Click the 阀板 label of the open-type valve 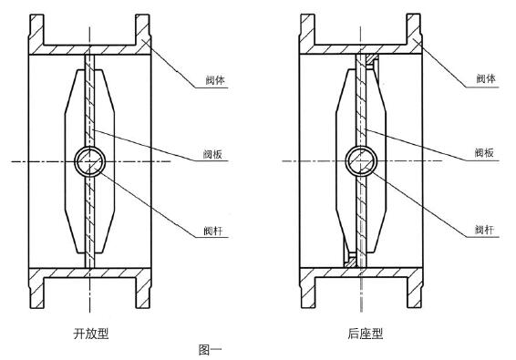coord(215,153)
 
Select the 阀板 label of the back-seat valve coord(483,153)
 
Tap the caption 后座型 coord(365,334)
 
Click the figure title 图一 coord(210,349)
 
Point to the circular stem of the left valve coord(90,162)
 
